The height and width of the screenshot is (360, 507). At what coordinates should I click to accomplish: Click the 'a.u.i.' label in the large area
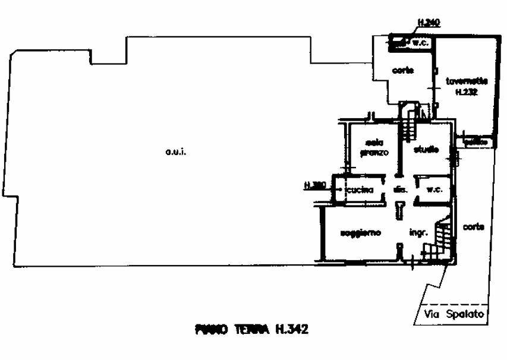(176, 153)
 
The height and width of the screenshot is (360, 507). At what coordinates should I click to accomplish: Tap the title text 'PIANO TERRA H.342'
(251, 329)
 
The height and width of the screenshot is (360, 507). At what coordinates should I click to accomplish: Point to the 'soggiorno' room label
(360, 232)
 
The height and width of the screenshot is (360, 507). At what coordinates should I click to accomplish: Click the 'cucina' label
(361, 190)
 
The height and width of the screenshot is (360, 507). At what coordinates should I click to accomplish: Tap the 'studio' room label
(427, 150)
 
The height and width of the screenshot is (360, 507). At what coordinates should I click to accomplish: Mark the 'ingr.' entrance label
(415, 232)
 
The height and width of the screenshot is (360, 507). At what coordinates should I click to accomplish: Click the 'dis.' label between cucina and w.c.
(399, 190)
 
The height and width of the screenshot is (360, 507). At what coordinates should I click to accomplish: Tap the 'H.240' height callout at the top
(427, 23)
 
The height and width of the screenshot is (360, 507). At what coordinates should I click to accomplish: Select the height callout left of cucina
(314, 185)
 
